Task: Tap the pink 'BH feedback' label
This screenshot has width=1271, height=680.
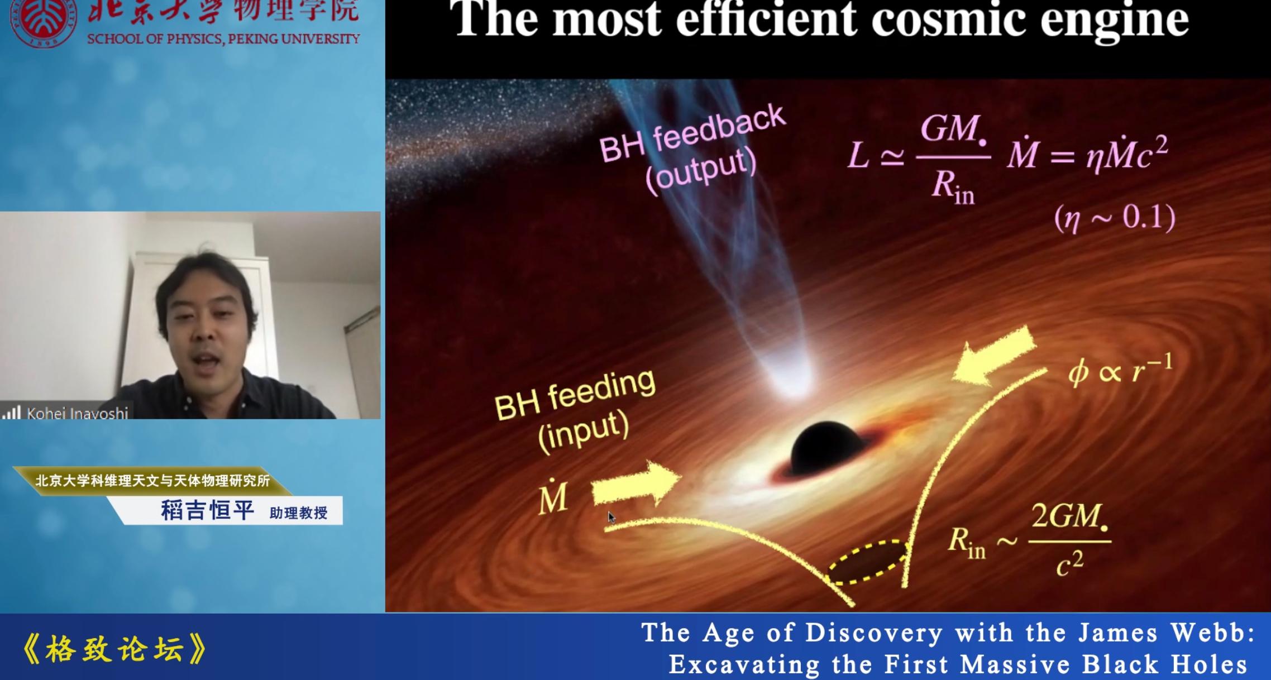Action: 692,134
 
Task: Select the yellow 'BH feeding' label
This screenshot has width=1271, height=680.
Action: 575,395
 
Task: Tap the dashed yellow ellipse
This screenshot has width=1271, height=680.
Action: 867,562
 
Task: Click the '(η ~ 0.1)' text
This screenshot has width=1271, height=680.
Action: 1115,218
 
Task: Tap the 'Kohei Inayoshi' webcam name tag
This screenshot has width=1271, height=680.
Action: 78,413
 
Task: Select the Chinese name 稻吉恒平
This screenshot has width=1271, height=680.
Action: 208,510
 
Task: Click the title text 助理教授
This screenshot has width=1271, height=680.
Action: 299,513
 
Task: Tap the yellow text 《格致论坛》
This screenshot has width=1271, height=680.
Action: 114,649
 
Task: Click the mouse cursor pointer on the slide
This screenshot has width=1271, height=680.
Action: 611,518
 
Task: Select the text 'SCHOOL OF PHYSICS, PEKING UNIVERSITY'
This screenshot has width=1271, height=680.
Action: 223,39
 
